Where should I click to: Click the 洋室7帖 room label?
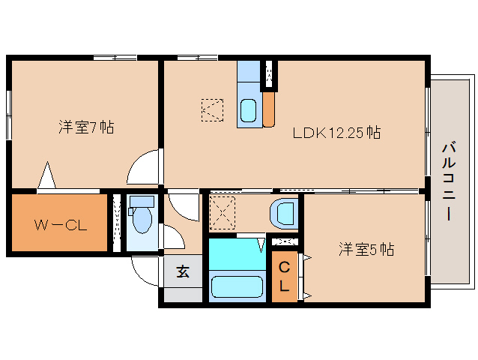pyautogui.click(x=86, y=127)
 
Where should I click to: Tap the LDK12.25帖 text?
pyautogui.click(x=336, y=133)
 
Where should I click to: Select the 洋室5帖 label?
pyautogui.click(x=366, y=249)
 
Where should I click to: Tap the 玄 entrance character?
pyautogui.click(x=183, y=272)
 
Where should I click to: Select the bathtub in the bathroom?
pyautogui.click(x=237, y=287)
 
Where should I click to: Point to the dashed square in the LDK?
pyautogui.click(x=212, y=110)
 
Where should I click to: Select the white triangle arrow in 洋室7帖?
pyautogui.click(x=47, y=177)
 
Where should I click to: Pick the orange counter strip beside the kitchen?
pyautogui.click(x=269, y=109)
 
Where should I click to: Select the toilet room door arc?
pyautogui.click(x=174, y=238)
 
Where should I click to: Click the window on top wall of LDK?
pyautogui.click(x=197, y=57)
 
